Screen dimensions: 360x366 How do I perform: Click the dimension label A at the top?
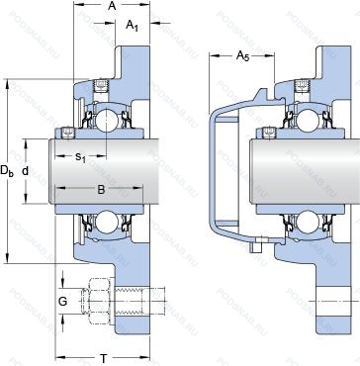113,6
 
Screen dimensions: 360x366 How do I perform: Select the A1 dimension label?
133,26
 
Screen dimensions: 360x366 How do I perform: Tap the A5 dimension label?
242,56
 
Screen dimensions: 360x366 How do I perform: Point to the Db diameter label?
7,171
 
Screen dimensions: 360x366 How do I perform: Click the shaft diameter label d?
26,171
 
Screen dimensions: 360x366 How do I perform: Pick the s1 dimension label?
80,156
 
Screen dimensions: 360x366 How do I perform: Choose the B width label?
101,189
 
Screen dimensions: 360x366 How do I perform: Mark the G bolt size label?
62,301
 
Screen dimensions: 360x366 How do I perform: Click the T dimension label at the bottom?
104,357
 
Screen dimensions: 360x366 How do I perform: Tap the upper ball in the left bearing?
107,117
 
